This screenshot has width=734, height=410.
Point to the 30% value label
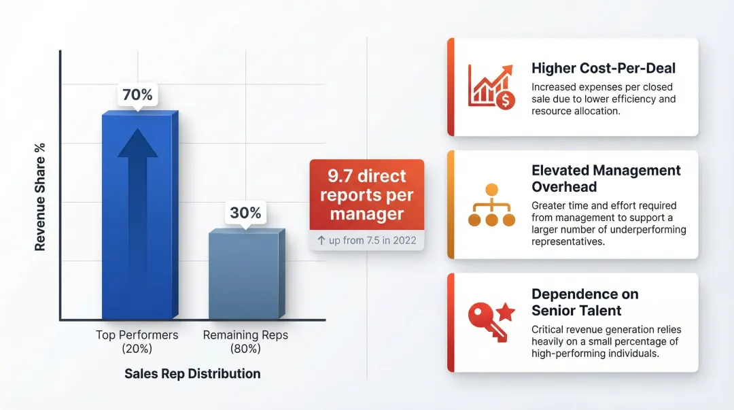(245, 213)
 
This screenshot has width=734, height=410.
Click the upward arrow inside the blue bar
(137, 177)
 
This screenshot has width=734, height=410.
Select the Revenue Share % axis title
(40, 197)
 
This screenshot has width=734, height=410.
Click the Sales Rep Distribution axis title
(192, 373)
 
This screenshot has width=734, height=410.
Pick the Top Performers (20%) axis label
(137, 341)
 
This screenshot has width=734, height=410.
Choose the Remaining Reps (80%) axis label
(245, 341)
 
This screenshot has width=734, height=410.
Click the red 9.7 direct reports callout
(366, 194)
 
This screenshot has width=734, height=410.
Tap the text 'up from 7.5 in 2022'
(372, 240)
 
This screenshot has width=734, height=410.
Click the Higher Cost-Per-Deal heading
(604, 68)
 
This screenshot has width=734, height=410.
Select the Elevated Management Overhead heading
(606, 178)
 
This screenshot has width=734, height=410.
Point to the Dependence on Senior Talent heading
(585, 302)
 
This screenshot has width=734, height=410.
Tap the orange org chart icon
(492, 205)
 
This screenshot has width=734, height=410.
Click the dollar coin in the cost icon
(506, 101)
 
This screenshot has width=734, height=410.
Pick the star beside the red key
(506, 313)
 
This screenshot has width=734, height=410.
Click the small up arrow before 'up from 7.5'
(321, 240)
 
